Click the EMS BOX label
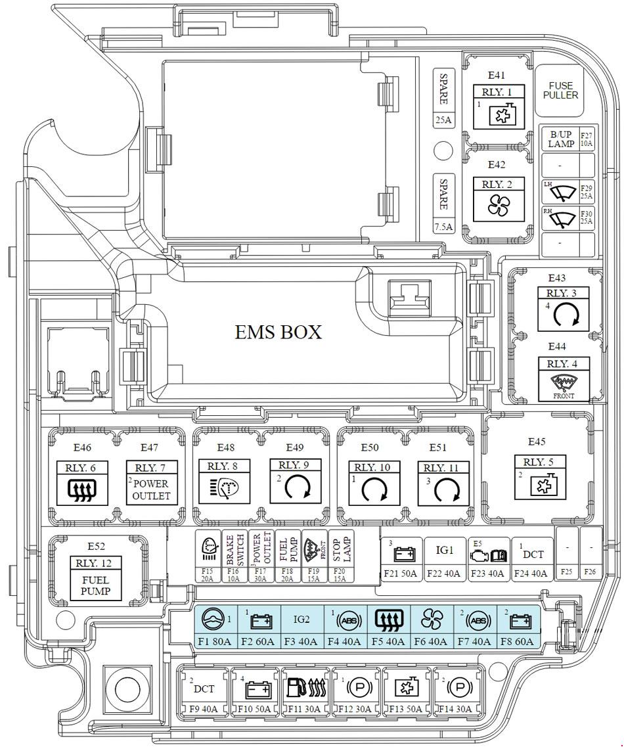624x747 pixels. (x=279, y=332)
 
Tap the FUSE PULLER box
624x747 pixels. (x=560, y=90)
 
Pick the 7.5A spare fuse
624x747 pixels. (x=443, y=204)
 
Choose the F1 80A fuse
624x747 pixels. (x=215, y=627)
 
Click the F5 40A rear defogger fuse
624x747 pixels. (x=389, y=627)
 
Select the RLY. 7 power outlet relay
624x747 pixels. (x=150, y=482)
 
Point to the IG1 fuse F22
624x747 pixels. (x=444, y=558)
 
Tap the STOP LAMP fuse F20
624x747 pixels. (x=340, y=556)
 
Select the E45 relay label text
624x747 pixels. (x=537, y=441)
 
